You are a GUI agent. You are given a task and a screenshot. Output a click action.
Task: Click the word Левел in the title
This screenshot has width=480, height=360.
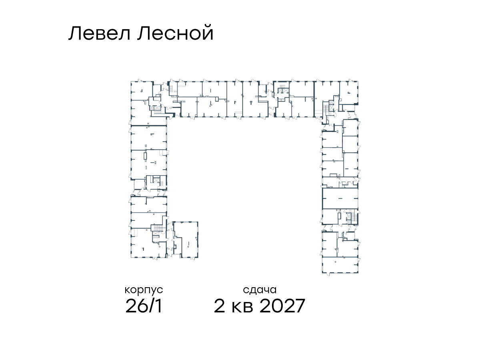point(100,33)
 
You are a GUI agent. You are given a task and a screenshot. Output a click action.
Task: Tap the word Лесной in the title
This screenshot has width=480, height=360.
point(175,33)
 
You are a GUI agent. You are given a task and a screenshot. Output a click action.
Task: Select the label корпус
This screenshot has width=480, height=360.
point(144,290)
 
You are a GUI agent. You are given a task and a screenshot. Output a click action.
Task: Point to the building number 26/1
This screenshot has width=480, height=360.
point(144,306)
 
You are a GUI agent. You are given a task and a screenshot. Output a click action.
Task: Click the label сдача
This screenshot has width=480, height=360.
point(260,290)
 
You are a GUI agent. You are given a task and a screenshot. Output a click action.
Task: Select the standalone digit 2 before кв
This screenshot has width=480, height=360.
point(219,306)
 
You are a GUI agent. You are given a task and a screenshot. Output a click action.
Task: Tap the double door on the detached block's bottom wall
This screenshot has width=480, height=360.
point(192,258)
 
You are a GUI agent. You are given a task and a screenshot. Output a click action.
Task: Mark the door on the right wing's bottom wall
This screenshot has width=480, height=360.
point(328,274)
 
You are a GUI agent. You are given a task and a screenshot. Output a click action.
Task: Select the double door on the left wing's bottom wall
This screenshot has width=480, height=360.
point(155,258)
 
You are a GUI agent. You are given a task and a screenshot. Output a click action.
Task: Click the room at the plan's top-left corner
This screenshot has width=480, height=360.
point(142,91)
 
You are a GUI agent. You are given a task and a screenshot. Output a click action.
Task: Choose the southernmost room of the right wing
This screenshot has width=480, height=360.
point(340,265)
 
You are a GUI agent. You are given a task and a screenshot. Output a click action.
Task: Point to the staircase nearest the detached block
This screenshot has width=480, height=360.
point(158,228)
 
